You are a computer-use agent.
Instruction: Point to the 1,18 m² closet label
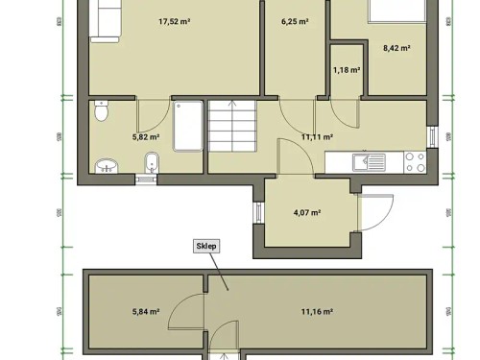click(346, 69)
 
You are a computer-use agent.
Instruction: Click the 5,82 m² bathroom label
click(145, 136)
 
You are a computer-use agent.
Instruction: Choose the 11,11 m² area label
click(317, 136)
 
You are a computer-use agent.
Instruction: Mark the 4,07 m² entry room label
click(306, 213)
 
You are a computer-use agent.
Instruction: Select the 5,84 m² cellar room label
click(145, 311)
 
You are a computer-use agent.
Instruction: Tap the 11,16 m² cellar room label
click(317, 311)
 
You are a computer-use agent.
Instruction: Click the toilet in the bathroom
click(103, 113)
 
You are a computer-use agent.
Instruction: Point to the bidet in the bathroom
click(150, 164)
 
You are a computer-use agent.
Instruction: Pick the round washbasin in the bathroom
click(105, 166)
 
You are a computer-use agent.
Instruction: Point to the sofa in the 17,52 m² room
click(104, 20)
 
